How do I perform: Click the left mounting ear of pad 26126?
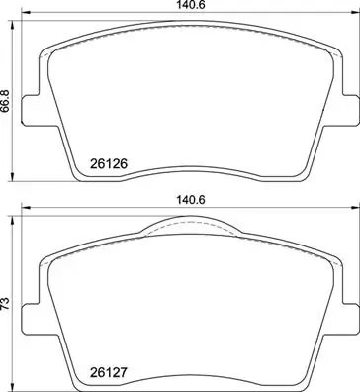tap(30, 109)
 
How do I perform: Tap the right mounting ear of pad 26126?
tap(347, 109)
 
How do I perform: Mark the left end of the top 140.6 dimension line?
tap(23, 15)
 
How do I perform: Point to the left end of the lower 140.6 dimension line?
tap(23, 208)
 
